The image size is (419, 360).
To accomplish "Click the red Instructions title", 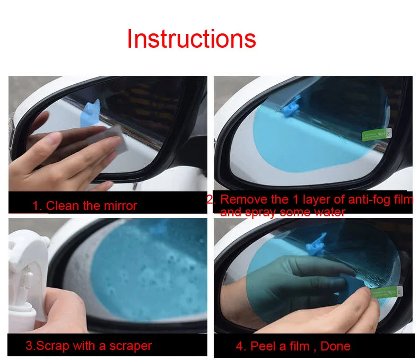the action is point(191,39).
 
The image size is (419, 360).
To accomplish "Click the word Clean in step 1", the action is point(63,206).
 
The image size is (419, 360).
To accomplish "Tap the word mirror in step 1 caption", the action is point(120,206).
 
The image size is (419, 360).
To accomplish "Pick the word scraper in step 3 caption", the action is point(130,346).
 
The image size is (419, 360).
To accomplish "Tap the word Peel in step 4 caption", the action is point(262,346).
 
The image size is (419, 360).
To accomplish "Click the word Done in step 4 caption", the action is point(335,346).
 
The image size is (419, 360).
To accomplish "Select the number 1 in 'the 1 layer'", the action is point(295,199).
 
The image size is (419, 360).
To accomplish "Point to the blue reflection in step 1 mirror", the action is point(90,113).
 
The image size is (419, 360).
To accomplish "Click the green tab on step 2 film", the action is point(377,135).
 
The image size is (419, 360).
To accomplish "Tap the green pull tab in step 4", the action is point(387,292).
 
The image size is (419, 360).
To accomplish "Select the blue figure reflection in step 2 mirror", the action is point(291,107).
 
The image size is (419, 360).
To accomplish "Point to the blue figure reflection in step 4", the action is point(316,244).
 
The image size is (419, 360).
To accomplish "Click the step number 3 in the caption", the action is point(29,346).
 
